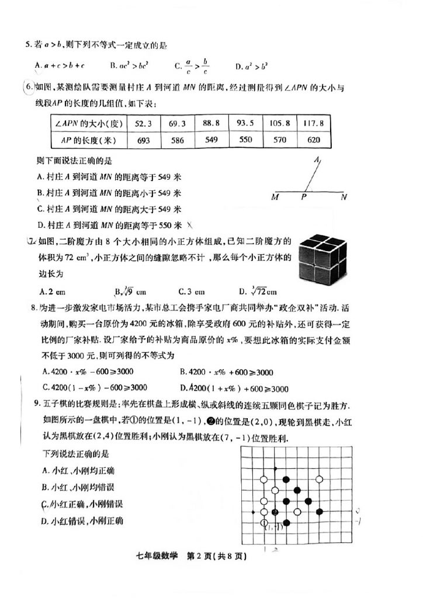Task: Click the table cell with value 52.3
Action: pyautogui.click(x=143, y=124)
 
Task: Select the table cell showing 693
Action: pyautogui.click(x=143, y=140)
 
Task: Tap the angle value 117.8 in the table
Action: pyautogui.click(x=313, y=124)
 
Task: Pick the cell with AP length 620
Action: pyautogui.click(x=313, y=140)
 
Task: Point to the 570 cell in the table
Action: pyautogui.click(x=279, y=140)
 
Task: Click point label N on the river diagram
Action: pyautogui.click(x=344, y=197)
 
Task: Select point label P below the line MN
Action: pyautogui.click(x=304, y=197)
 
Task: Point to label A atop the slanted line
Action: pyautogui.click(x=317, y=159)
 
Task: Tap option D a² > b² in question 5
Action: pyautogui.click(x=252, y=66)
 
